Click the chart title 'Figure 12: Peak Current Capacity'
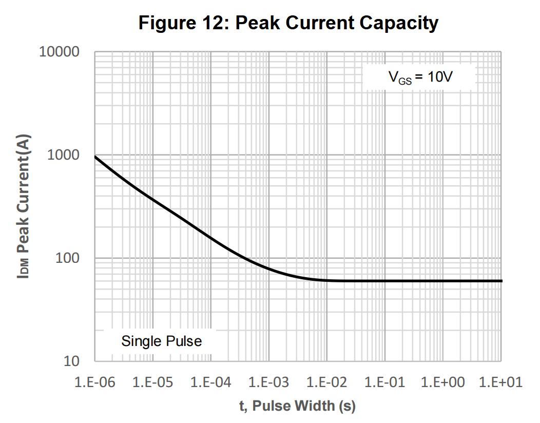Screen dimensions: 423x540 tap(288, 23)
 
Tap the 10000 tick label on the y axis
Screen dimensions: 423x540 tap(60, 52)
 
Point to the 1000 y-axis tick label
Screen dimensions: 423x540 tap(64, 155)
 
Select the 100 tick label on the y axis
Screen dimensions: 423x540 tap(67, 258)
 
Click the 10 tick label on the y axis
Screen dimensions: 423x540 tap(71, 361)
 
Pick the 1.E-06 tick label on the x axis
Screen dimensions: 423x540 tap(95, 382)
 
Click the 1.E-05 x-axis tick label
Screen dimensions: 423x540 tap(153, 382)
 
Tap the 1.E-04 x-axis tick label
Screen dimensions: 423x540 tap(211, 382)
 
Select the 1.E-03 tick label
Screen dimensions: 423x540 tap(269, 382)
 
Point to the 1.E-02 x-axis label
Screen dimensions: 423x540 tap(327, 382)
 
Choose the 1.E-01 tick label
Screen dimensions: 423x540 tap(385, 382)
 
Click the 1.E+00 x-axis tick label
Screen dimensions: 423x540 tap(443, 382)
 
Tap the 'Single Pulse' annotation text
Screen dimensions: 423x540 tap(162, 341)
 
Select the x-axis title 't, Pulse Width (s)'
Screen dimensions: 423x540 tap(297, 406)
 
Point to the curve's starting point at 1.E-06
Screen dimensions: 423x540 tap(95, 157)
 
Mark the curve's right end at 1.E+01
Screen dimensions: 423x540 tap(501, 281)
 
